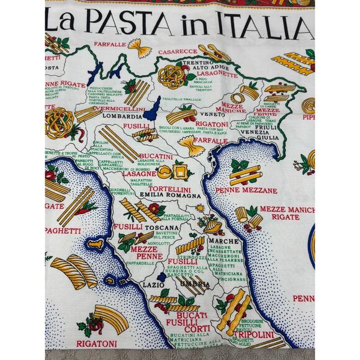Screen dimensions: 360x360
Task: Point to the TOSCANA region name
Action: pyautogui.click(x=164, y=228)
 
